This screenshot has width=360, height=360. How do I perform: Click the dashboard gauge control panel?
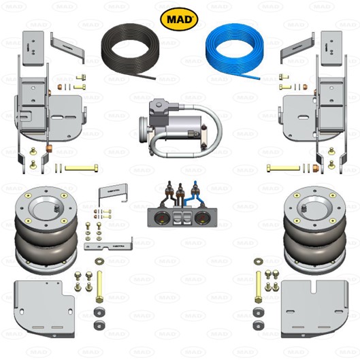pos(179,218)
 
